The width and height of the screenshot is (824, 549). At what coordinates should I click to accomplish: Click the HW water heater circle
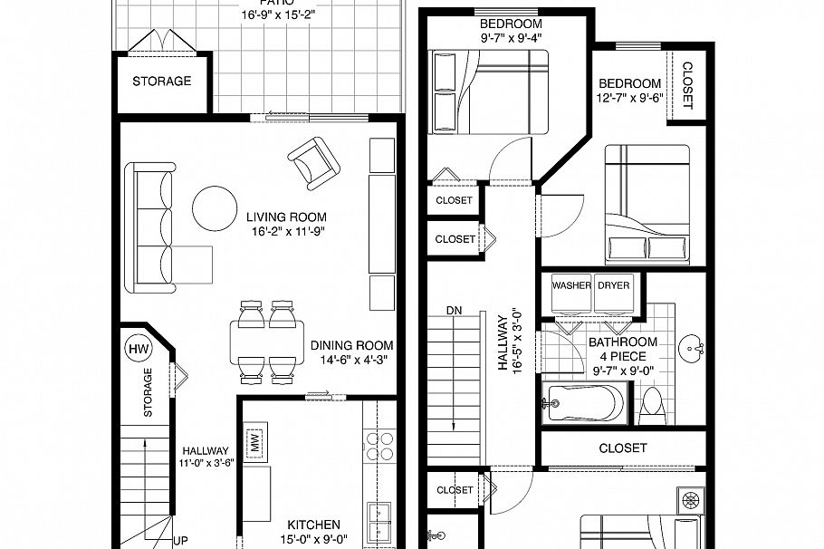tap(139, 348)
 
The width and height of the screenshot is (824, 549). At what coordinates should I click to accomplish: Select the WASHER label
tap(571, 284)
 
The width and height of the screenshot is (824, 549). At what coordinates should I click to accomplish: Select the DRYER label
tap(614, 284)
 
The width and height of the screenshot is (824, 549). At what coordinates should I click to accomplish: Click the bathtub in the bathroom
tap(584, 401)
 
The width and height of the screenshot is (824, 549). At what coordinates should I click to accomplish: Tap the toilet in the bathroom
tap(653, 407)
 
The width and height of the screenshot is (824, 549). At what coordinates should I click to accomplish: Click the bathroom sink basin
tap(695, 347)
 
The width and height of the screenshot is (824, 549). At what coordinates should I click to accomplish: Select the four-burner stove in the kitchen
tap(379, 446)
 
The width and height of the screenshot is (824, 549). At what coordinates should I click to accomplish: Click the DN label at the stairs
tap(454, 311)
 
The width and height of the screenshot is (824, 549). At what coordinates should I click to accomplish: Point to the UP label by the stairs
tap(180, 541)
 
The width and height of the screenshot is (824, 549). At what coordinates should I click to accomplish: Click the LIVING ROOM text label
tap(286, 217)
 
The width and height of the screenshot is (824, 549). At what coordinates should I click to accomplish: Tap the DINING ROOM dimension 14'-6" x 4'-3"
tap(352, 361)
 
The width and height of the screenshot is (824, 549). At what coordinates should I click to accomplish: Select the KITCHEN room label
tap(313, 525)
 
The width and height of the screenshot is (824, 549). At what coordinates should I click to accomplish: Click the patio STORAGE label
tap(162, 82)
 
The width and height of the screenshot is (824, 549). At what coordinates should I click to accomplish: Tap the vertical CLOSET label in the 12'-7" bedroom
tap(686, 85)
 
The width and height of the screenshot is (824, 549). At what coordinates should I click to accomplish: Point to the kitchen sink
tap(379, 521)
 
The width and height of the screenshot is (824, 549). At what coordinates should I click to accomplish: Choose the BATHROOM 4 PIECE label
tap(623, 349)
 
